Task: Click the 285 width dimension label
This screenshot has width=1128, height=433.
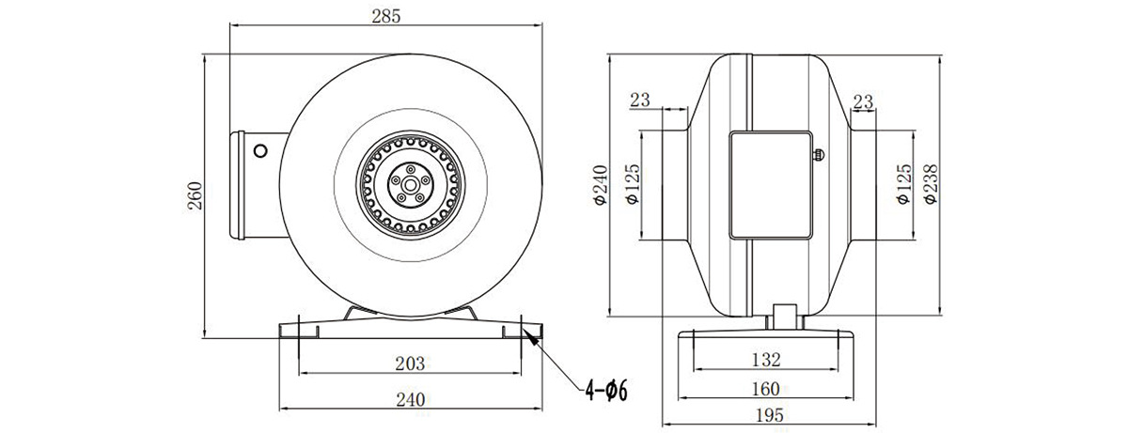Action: [x=386, y=17]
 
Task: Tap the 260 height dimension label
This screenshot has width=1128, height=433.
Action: [x=195, y=195]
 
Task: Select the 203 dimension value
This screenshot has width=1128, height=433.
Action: [x=410, y=363]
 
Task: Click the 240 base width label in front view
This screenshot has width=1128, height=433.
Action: [x=411, y=400]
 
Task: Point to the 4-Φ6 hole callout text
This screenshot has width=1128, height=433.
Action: [x=606, y=391]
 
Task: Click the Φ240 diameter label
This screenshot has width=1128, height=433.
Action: [x=601, y=185]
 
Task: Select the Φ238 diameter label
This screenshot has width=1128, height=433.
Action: [x=932, y=184]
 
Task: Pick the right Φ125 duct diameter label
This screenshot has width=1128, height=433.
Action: [x=904, y=184]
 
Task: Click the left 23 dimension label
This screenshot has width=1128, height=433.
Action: [x=640, y=100]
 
